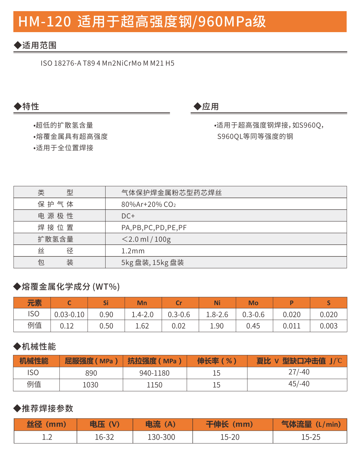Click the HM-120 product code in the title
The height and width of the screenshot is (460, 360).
45,22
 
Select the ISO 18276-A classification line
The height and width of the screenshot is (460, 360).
107,63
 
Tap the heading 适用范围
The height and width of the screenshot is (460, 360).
39,45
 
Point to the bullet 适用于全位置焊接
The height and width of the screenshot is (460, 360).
64,148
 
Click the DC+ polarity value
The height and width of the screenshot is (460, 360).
128,216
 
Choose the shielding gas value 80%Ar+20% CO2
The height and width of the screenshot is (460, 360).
149,204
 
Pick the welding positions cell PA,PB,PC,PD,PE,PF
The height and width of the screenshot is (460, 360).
154,228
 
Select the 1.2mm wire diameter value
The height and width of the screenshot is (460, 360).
133,251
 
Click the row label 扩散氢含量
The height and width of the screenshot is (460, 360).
56,239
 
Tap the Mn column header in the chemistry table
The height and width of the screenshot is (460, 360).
142,303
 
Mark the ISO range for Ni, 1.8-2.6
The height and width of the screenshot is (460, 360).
217,315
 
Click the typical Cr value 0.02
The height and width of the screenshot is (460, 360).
178,326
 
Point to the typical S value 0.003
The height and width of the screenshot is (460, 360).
329,326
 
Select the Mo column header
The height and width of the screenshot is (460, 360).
253,303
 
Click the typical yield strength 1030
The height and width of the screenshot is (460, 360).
91,385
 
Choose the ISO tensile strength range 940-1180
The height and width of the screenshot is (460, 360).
155,373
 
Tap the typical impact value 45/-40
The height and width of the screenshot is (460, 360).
299,384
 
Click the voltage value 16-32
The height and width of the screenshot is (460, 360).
104,437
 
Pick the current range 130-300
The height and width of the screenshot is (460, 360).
161,437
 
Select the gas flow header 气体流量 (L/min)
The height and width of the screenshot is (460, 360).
311,424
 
